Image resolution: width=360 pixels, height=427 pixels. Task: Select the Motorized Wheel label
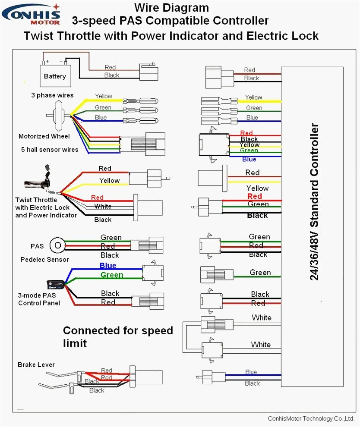tap(44, 136)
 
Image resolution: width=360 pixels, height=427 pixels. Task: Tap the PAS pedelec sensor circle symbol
tap(57, 246)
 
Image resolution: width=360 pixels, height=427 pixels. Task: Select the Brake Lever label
tap(36, 365)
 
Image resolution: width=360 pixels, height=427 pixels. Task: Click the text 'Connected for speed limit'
tap(117, 336)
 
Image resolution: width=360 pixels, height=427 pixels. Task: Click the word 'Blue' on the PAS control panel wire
tap(108, 266)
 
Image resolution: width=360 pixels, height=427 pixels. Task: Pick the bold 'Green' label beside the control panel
tap(111, 275)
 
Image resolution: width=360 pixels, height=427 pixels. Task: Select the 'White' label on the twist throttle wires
tap(103, 207)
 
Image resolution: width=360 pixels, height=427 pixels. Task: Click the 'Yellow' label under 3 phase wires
tap(104, 96)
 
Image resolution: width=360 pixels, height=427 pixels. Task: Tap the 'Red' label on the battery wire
tap(110, 67)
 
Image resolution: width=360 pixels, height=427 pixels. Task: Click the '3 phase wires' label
tap(52, 95)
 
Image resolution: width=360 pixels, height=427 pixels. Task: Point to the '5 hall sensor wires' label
tap(50, 150)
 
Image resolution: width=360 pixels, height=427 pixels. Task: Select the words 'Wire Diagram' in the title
tap(171, 7)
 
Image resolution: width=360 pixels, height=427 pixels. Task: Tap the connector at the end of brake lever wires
tap(148, 377)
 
